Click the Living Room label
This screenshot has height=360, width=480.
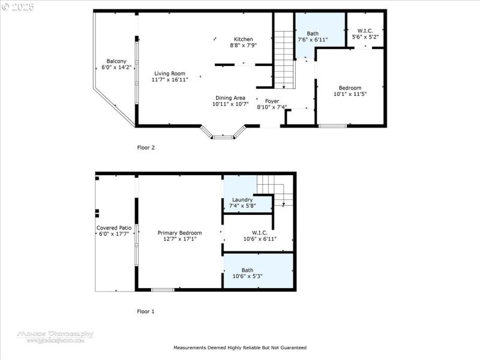coord(170,73)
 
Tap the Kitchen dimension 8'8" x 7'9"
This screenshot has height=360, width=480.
coord(243,45)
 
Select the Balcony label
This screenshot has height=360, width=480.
coord(116,61)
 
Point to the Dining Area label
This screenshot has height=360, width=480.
coord(231,98)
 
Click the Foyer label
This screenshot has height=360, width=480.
coord(272,101)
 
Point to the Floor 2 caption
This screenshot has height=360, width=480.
coord(146,147)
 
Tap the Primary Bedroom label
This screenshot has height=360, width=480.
coord(180,233)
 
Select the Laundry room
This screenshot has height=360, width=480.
coord(242,200)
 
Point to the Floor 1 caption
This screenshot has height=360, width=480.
coord(146,311)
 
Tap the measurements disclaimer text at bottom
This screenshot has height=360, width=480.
coord(240,347)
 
